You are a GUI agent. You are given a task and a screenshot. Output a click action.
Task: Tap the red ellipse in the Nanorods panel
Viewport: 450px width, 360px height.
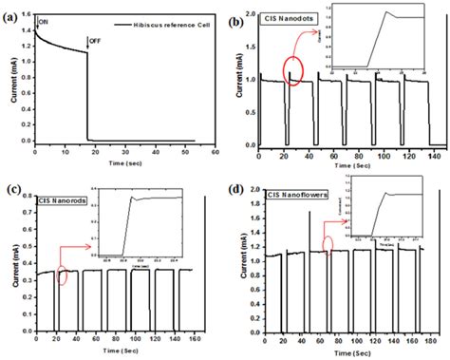coord(64,276)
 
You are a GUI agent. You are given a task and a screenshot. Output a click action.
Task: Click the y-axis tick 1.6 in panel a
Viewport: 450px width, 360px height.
coord(23,13)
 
